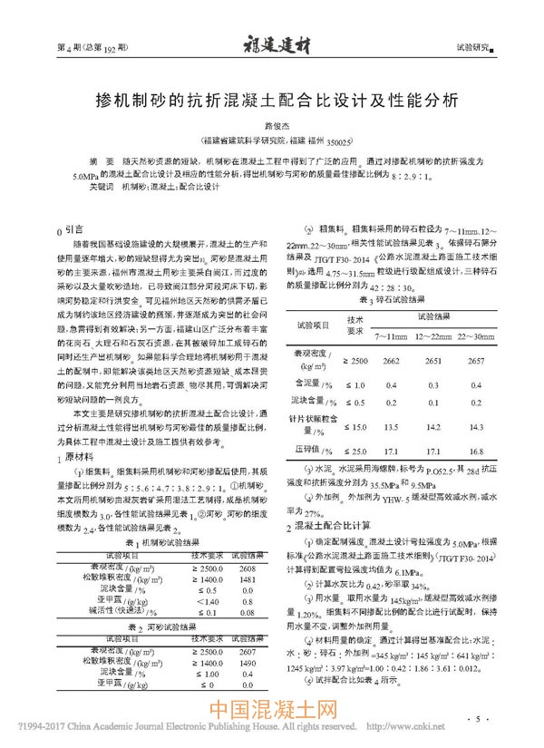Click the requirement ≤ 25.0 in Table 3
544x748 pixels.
pos(355,450)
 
